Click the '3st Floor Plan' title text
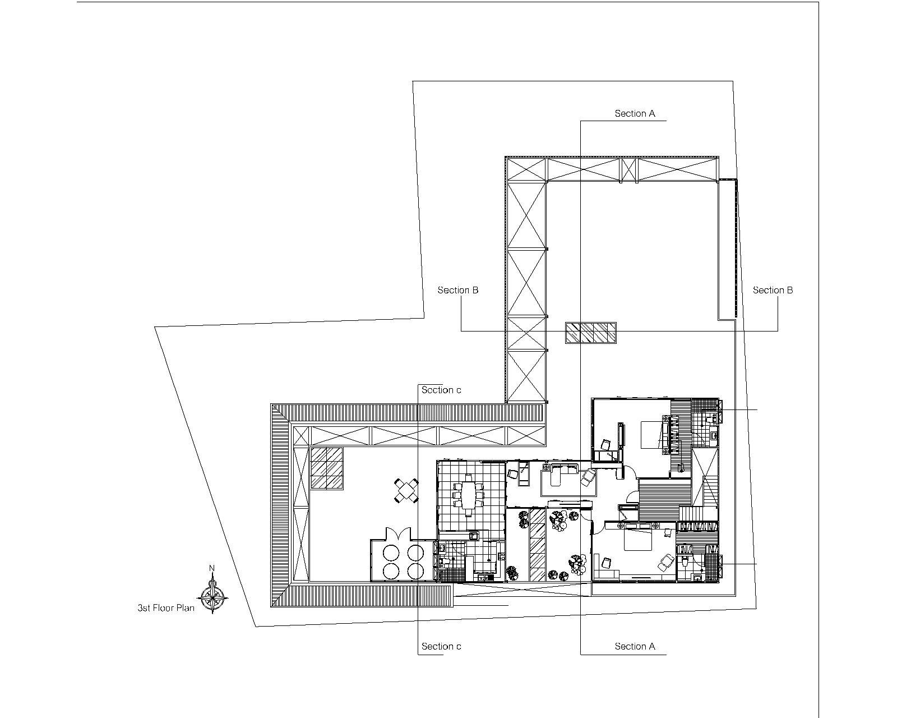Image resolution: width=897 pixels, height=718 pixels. coord(166,608)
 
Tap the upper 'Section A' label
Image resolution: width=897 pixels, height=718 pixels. coord(635,113)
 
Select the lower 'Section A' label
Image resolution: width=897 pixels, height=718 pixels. coord(635,646)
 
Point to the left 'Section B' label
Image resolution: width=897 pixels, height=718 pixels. coord(457,290)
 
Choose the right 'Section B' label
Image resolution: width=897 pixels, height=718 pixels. coord(773,290)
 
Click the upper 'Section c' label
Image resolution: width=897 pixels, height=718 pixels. coord(441,390)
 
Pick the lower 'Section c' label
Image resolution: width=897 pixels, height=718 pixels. coord(441,646)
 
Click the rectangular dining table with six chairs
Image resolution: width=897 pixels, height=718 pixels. coord(469,495)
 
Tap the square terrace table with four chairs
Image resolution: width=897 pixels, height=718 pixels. coord(406,491)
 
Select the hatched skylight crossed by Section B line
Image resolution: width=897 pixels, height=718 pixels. coord(591,333)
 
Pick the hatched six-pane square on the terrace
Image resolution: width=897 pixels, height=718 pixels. coord(327,468)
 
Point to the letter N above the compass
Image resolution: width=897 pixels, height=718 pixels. coord(212,568)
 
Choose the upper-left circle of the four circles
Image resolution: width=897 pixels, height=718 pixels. coord(392,553)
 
